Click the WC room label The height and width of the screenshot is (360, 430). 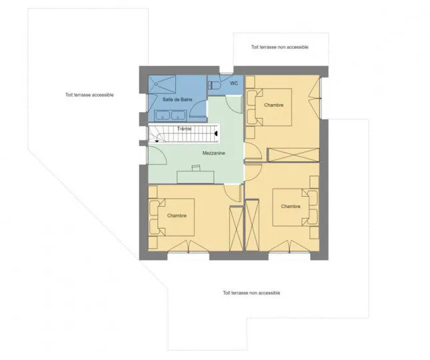click(x=233, y=83)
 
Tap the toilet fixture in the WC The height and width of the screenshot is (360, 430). click(x=214, y=85)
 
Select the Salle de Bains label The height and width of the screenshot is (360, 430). click(x=177, y=99)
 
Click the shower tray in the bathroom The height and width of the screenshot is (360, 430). click(x=162, y=85)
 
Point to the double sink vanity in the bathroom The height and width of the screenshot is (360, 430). click(x=170, y=116)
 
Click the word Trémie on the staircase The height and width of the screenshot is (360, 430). click(x=184, y=129)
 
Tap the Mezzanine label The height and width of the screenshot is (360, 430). click(x=213, y=153)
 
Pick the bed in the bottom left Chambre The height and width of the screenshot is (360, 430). click(x=172, y=217)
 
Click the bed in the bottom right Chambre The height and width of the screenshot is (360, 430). click(x=295, y=207)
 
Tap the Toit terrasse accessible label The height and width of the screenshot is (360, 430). click(x=89, y=95)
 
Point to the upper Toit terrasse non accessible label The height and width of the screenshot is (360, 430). click(x=280, y=47)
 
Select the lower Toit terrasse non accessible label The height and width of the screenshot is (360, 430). click(x=251, y=293)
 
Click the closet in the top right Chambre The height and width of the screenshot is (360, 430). click(x=293, y=155)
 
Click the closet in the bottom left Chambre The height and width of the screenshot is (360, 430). click(x=236, y=228)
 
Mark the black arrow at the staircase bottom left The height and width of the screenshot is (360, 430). click(x=157, y=141)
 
